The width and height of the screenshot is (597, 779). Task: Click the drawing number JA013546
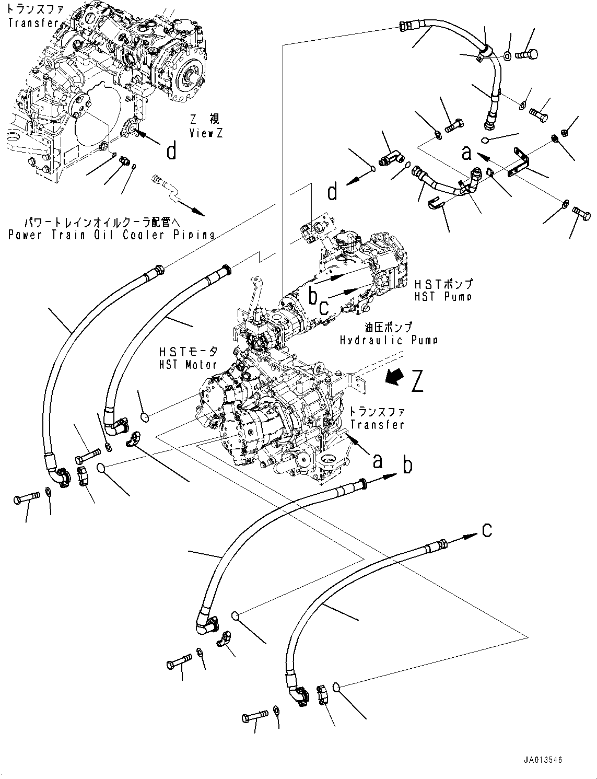tap(544, 760)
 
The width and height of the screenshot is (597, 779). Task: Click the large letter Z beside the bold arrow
tap(417, 381)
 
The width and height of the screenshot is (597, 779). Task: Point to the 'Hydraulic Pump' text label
tap(388, 340)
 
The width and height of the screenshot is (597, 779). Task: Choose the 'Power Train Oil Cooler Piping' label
tap(111, 234)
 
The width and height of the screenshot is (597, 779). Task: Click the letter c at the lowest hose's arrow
tap(487, 530)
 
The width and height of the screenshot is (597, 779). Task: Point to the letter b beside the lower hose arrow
tap(407, 465)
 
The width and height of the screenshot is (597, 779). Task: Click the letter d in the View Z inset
tap(171, 152)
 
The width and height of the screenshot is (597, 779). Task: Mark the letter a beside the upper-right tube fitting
tap(466, 153)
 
